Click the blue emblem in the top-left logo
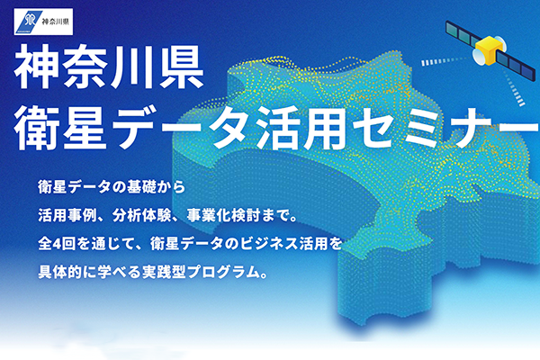30,22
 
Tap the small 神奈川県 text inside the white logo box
56,22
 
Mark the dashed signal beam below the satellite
513,88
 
